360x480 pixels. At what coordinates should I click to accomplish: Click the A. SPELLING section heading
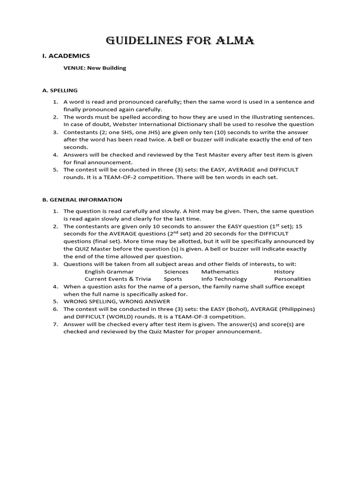pyautogui.click(x=60, y=90)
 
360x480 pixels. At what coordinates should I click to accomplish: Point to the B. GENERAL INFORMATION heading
pyautogui.click(x=82, y=200)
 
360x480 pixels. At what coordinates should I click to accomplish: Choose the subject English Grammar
pyautogui.click(x=109, y=271)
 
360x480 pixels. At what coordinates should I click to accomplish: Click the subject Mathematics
pyautogui.click(x=220, y=271)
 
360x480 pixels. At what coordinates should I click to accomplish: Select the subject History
pyautogui.click(x=284, y=271)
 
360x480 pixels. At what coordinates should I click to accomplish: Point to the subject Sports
pyautogui.click(x=173, y=279)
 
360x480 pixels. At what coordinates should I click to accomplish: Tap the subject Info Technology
pyautogui.click(x=224, y=279)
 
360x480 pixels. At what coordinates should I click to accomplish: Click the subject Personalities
pyautogui.click(x=292, y=279)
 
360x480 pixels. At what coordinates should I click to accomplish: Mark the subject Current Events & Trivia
pyautogui.click(x=118, y=279)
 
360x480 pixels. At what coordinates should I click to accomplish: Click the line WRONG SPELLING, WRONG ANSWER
pyautogui.click(x=117, y=301)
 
